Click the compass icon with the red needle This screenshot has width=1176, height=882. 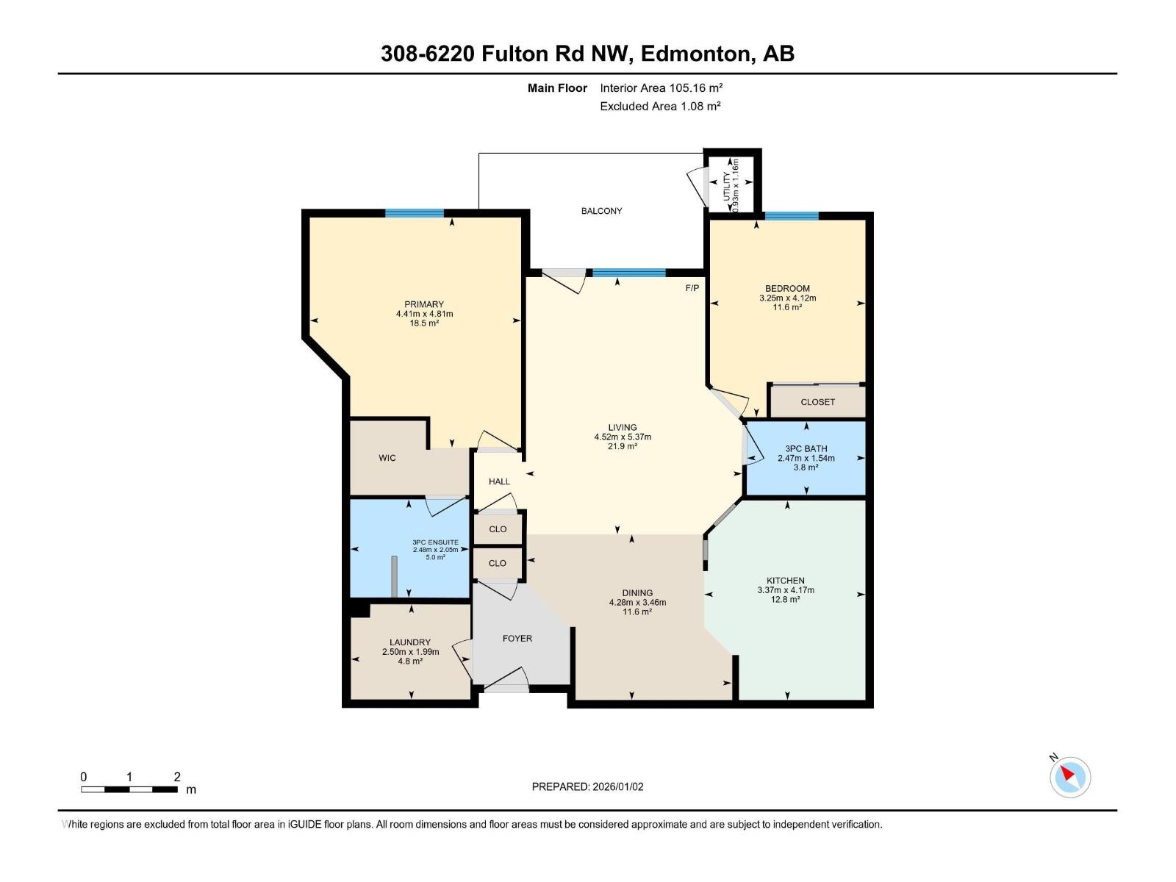click(1070, 777)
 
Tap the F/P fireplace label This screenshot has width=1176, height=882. click(692, 288)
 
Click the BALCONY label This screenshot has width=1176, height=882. click(601, 211)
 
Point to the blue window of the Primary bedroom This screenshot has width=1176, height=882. click(415, 213)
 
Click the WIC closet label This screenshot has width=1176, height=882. click(387, 458)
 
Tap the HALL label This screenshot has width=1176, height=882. click(499, 481)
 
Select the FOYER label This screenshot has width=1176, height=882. click(517, 638)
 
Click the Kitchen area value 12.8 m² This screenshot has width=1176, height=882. click(786, 599)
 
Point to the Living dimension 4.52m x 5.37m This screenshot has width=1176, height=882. click(623, 437)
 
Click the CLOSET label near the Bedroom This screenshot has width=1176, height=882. click(817, 402)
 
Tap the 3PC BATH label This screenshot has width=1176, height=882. click(806, 448)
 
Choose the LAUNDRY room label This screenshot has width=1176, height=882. click(410, 642)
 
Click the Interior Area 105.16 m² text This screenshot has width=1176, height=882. click(661, 87)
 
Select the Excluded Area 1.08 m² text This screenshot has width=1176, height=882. click(660, 106)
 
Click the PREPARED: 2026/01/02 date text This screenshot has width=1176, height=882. click(587, 786)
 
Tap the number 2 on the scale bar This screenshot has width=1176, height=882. click(177, 777)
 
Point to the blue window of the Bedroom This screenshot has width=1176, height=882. click(791, 215)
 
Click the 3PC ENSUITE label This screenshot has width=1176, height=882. click(435, 542)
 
